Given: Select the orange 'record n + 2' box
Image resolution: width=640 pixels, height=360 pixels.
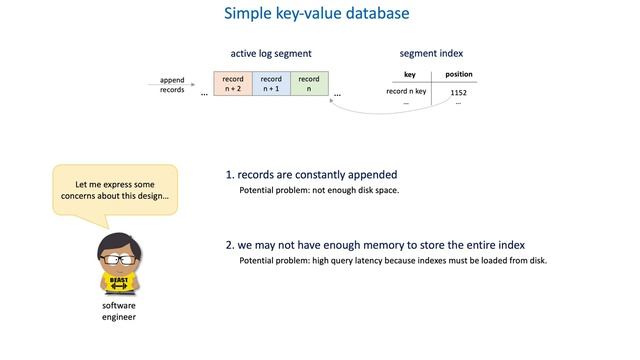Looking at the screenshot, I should tap(233, 83).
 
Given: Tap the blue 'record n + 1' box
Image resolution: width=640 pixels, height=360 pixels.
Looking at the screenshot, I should tap(271, 83).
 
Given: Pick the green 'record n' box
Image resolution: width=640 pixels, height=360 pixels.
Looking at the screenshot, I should tap(309, 83).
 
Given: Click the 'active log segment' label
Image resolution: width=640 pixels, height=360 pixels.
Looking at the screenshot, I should tap(270, 53).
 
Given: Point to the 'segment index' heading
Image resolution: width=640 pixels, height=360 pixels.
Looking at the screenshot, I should tap(431, 53).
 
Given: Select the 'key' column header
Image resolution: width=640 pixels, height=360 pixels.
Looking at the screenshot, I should tap(409, 74).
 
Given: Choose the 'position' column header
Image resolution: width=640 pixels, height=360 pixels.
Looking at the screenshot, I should tap(458, 74).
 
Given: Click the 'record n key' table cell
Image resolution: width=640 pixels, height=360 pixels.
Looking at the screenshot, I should tap(406, 92).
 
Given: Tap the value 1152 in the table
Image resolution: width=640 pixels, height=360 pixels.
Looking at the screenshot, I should tap(458, 92).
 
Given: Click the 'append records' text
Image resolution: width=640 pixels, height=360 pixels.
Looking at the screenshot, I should tap(172, 84).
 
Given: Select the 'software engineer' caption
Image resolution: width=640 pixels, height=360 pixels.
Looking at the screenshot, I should tap(118, 311).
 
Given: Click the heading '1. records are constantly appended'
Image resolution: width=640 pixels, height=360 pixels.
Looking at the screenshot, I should tap(311, 174).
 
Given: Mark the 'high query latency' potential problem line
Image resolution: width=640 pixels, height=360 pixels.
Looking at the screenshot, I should tap(393, 261).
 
